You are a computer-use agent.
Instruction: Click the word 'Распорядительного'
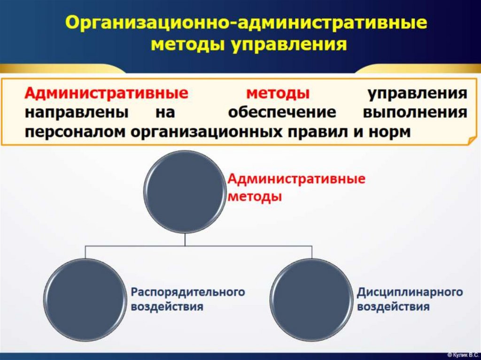pyautogui.click(x=188, y=292)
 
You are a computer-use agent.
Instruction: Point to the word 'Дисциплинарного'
pyautogui.click(x=410, y=292)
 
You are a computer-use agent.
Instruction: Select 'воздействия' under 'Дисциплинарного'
pyautogui.click(x=393, y=307)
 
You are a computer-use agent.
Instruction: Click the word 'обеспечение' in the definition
pyautogui.click(x=282, y=113)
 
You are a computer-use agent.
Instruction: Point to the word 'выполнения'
pyautogui.click(x=415, y=113)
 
